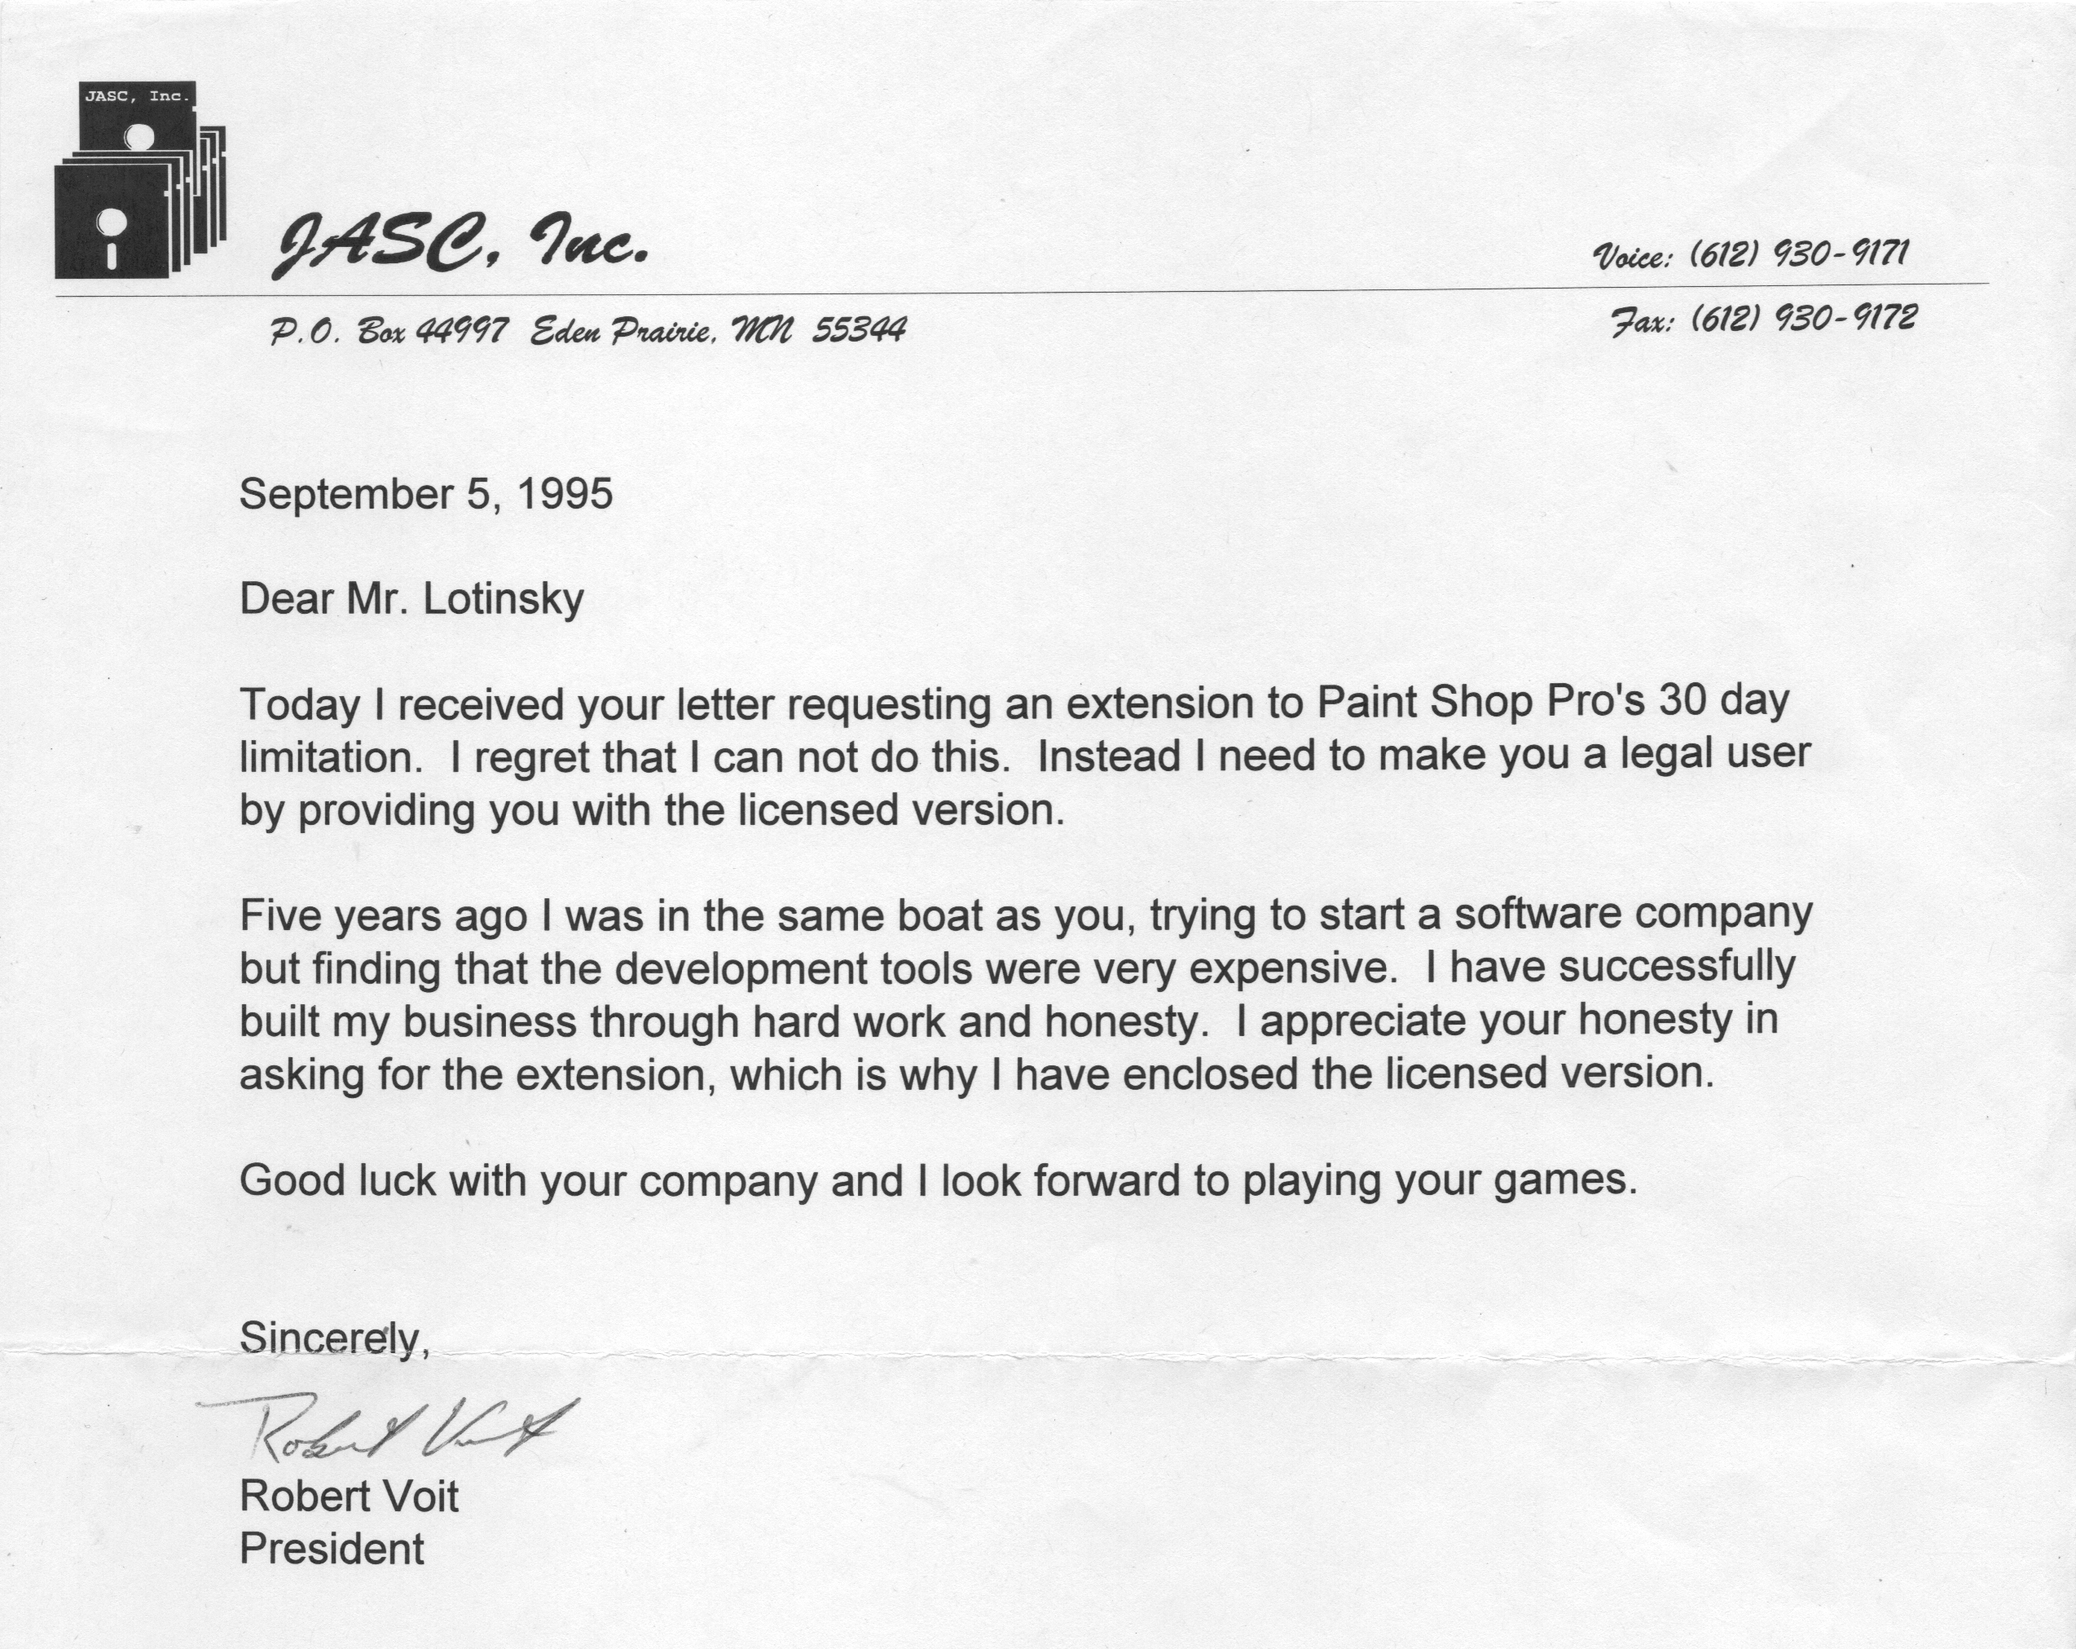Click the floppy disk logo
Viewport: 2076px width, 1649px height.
(139, 180)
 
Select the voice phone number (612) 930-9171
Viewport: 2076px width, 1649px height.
(1799, 254)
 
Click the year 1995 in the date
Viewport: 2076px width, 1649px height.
(565, 494)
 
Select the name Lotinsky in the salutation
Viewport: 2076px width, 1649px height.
(503, 599)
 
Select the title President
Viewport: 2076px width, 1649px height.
(332, 1549)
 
